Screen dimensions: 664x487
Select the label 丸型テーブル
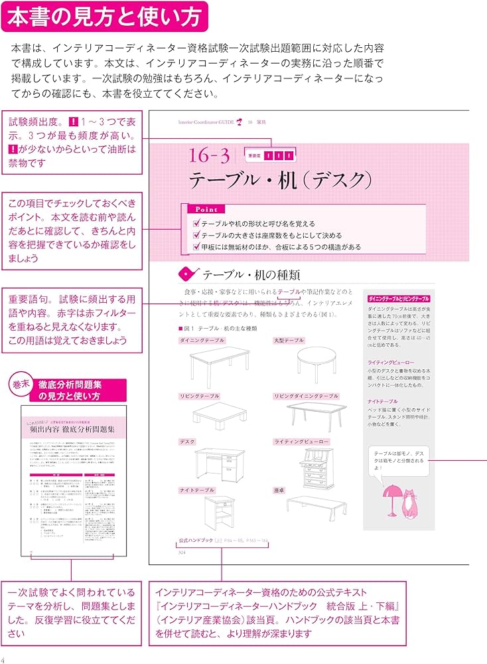[x=289, y=341]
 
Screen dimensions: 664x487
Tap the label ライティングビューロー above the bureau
[x=302, y=442]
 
